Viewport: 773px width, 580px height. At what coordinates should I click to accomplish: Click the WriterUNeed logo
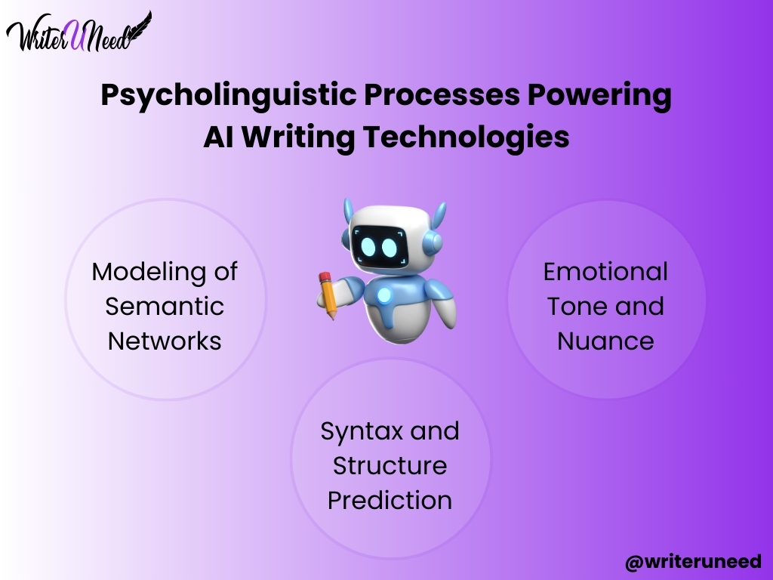79,32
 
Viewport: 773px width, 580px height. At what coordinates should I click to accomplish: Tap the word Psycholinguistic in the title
229,96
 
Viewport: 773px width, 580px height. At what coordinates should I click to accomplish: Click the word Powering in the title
599,96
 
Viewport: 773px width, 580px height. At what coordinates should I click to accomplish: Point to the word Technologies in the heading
467,137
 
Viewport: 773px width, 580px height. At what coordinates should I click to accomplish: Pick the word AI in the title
218,137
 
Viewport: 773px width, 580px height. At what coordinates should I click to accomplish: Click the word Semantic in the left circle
165,307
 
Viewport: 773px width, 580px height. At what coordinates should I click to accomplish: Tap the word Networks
165,341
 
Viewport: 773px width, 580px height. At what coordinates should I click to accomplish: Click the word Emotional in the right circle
605,272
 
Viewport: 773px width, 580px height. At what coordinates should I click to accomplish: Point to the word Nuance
605,341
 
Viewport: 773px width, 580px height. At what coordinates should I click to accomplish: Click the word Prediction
390,500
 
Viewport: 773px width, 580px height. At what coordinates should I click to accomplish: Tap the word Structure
390,465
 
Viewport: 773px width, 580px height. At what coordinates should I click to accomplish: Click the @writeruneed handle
693,562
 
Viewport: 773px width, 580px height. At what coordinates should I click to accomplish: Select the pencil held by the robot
328,295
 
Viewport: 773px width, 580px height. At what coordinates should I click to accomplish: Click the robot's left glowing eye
368,247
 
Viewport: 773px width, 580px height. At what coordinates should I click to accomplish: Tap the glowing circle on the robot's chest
384,295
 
